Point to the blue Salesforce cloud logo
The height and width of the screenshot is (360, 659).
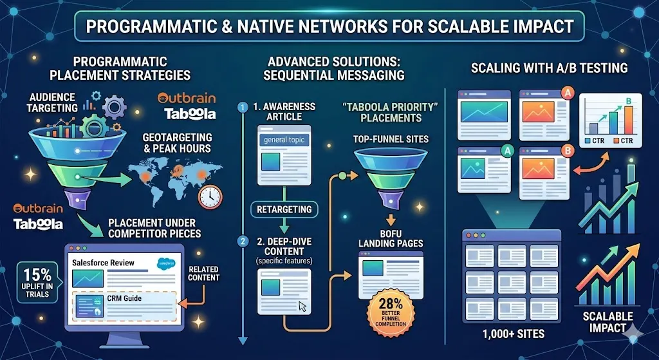pyautogui.click(x=166, y=263)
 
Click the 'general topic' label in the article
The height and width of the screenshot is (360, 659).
pyautogui.click(x=284, y=140)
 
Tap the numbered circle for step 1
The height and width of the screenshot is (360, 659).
pyautogui.click(x=243, y=108)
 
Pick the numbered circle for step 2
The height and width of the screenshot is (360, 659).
pyautogui.click(x=243, y=242)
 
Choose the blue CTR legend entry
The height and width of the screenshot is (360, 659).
pyautogui.click(x=593, y=140)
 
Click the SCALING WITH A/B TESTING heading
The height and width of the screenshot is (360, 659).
pyautogui.click(x=549, y=68)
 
